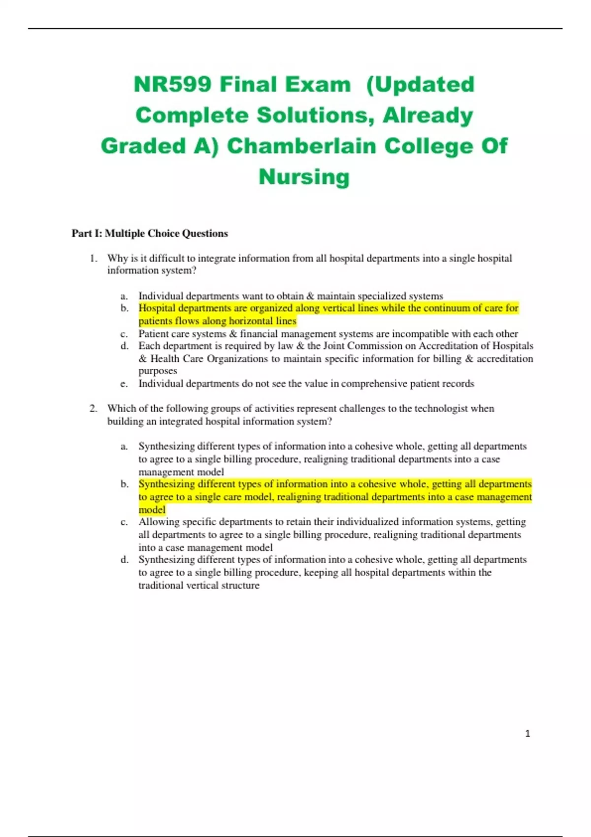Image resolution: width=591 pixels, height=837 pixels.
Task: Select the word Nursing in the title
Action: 304,177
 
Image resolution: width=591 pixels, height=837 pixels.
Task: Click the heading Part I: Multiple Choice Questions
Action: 150,233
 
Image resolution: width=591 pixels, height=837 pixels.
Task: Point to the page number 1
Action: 527,734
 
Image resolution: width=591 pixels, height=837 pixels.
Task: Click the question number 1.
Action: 93,258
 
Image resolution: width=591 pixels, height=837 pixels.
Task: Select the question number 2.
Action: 93,409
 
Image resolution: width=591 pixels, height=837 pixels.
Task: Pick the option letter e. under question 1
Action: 124,384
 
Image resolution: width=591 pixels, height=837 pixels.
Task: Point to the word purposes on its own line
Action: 158,371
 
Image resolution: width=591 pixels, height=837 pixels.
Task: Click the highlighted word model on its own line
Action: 152,510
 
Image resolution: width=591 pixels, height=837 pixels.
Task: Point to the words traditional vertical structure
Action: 198,585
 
